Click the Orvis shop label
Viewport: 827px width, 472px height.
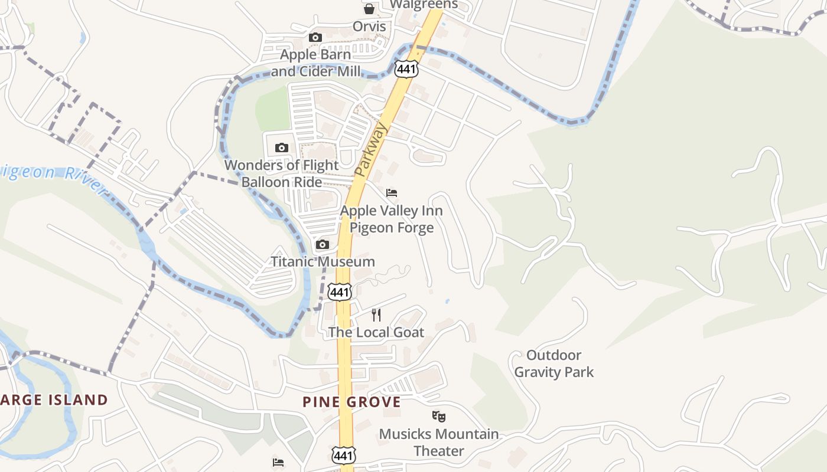(369, 27)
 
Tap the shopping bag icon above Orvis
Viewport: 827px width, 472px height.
(369, 9)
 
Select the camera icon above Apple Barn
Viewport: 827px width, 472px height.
(315, 38)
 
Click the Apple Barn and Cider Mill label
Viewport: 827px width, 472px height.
(315, 63)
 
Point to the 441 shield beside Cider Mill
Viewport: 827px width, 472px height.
(408, 69)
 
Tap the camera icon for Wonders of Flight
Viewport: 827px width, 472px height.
(282, 148)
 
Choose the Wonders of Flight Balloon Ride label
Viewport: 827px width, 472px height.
(282, 173)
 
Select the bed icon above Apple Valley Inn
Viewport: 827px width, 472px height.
(392, 193)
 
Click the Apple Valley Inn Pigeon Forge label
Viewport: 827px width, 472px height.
(392, 219)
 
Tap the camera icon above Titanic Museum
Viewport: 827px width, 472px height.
(323, 245)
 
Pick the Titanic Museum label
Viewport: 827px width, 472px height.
(323, 262)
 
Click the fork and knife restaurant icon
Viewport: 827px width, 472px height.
(376, 315)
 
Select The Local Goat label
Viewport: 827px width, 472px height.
(376, 332)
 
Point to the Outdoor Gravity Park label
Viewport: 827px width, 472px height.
(553, 363)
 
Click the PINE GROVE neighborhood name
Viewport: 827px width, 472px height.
(351, 402)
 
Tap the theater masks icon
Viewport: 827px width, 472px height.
(438, 417)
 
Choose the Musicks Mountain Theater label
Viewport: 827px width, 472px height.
(438, 442)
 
